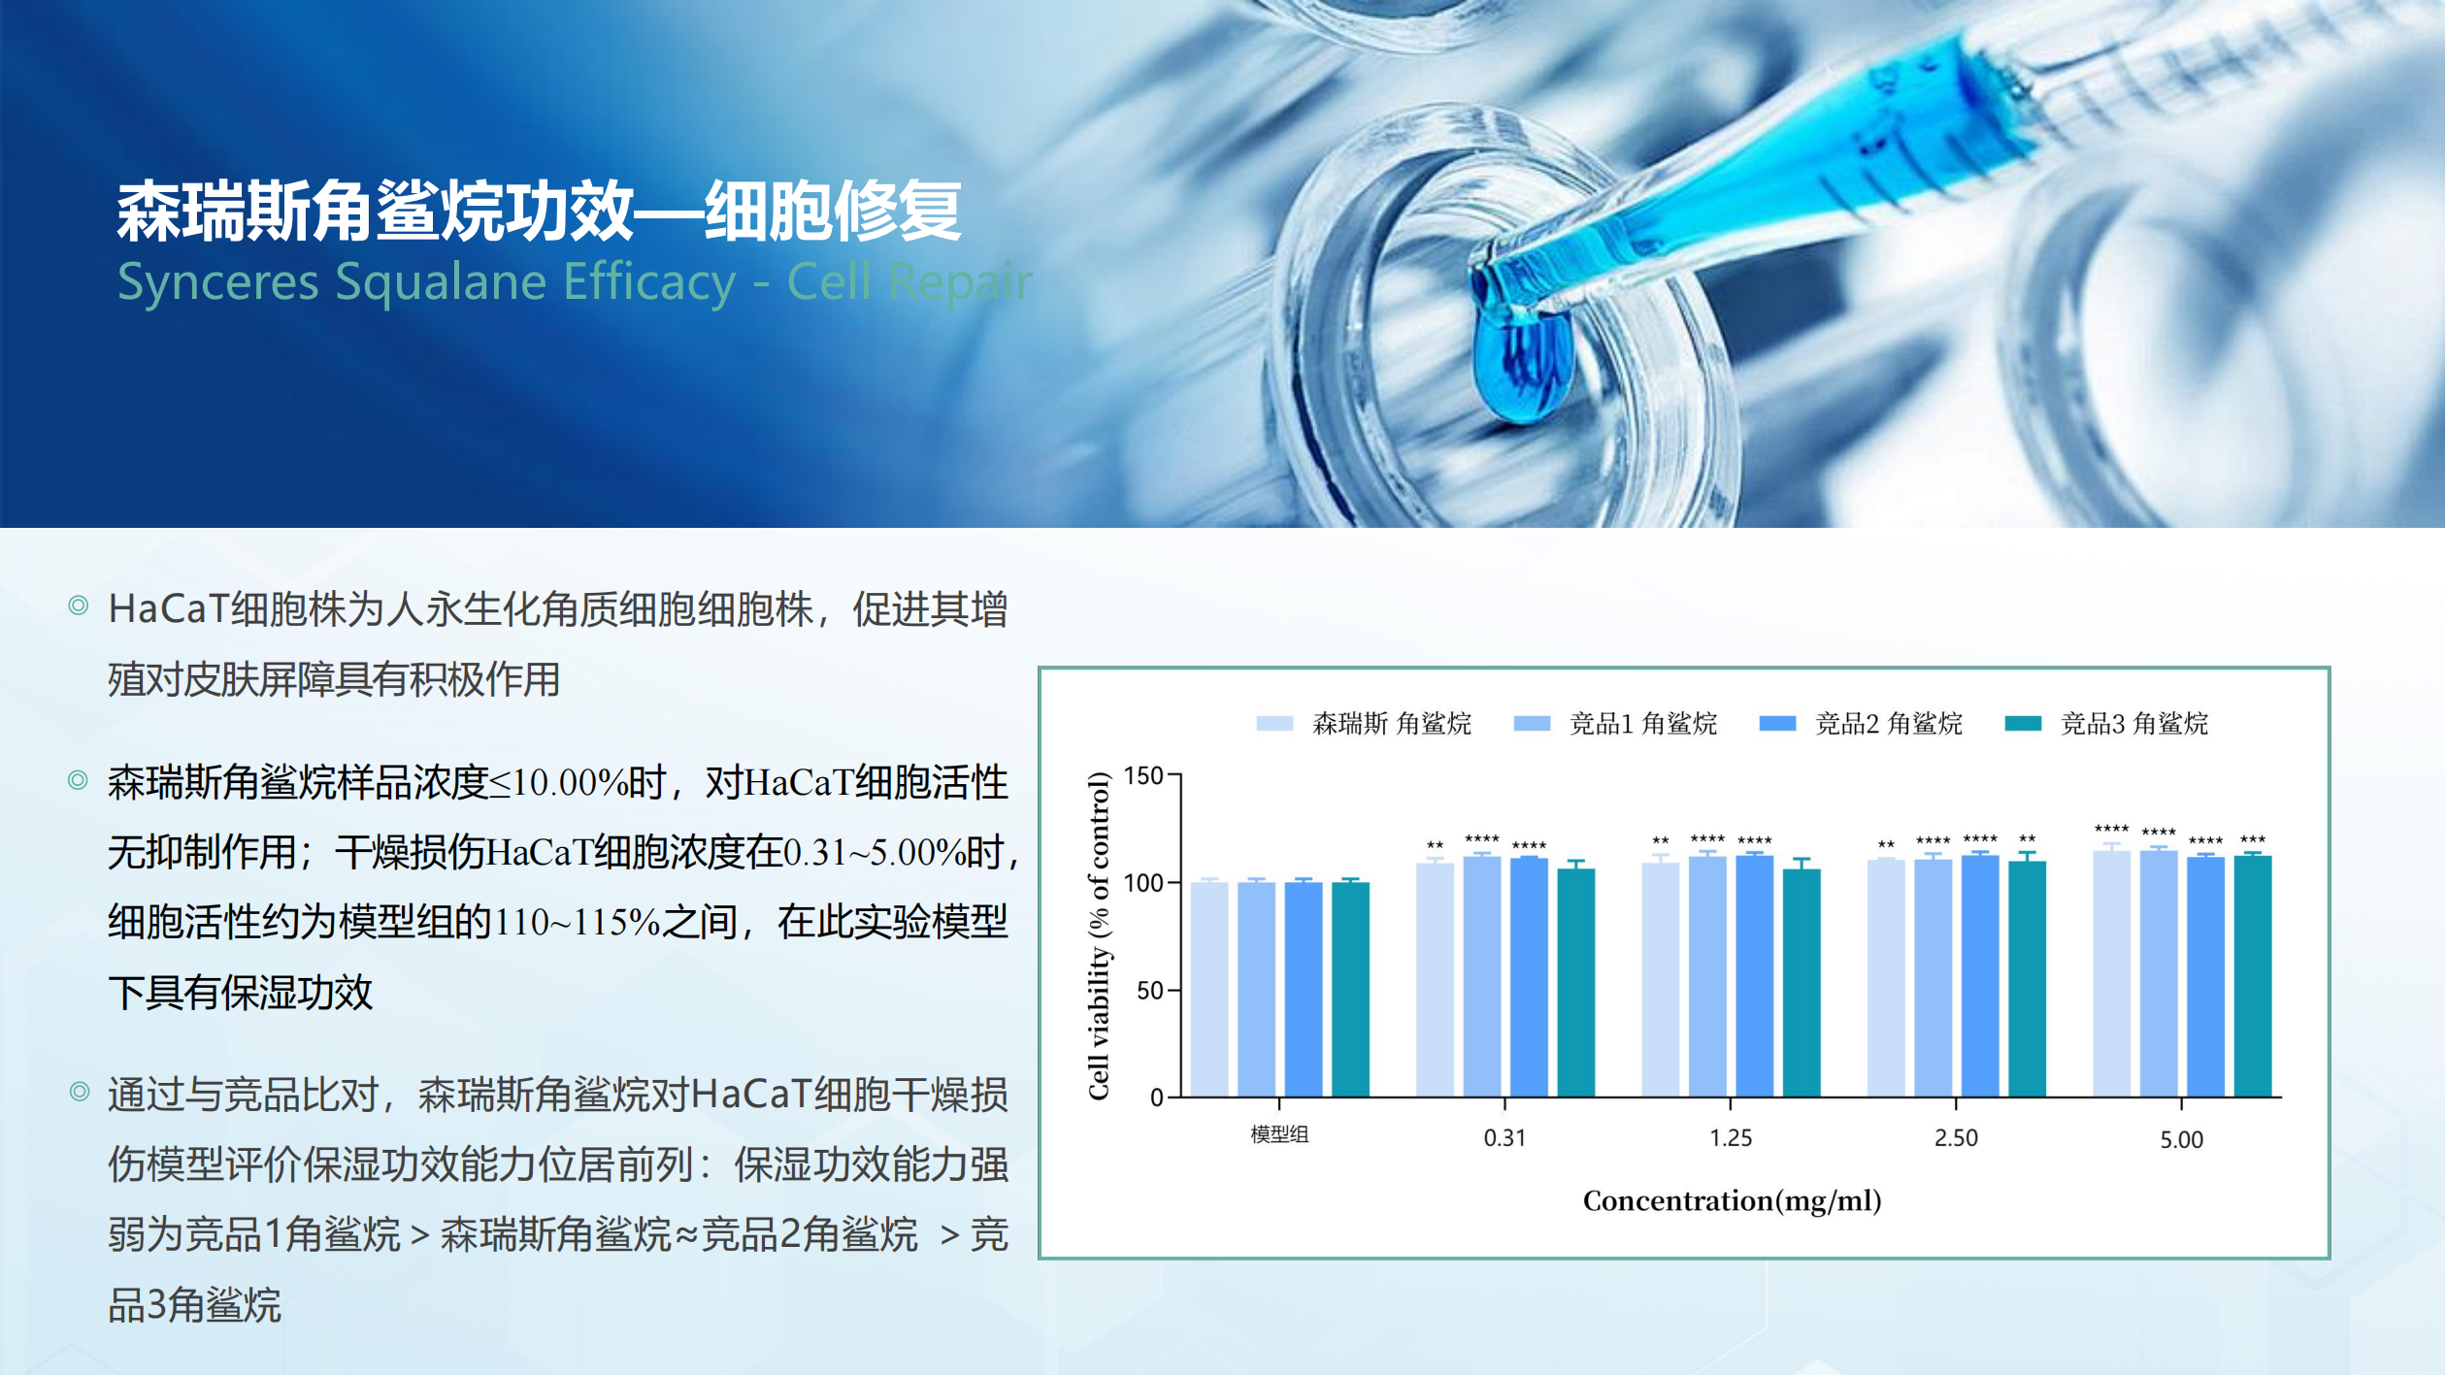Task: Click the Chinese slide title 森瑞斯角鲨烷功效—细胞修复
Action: click(x=539, y=211)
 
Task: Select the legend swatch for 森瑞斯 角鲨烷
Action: click(x=1274, y=723)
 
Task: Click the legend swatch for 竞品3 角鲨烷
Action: click(x=2023, y=723)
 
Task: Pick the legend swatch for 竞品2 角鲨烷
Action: click(x=1777, y=723)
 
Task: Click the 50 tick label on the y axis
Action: click(x=1150, y=991)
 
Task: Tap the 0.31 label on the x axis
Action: click(x=1504, y=1137)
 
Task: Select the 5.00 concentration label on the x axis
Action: click(x=2181, y=1139)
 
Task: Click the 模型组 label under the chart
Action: click(x=1279, y=1134)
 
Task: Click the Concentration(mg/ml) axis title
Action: click(x=1733, y=1201)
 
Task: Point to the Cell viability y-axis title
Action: click(x=1099, y=936)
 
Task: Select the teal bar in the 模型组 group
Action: click(x=1350, y=990)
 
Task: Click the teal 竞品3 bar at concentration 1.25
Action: click(x=1801, y=983)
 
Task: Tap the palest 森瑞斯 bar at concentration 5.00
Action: click(x=2111, y=974)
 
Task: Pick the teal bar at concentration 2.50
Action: click(x=2027, y=979)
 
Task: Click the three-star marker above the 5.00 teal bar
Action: click(x=2253, y=839)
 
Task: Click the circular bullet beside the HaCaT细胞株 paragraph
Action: click(x=79, y=606)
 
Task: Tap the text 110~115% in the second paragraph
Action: click(x=578, y=922)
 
